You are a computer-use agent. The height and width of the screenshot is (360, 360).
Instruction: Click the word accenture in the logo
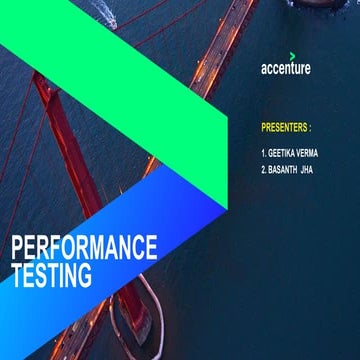coord(285,69)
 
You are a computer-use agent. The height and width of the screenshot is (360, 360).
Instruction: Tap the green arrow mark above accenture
coord(292,55)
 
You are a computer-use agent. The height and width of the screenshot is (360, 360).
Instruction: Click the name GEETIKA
coord(284,154)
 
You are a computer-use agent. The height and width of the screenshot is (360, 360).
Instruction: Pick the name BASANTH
coord(287,170)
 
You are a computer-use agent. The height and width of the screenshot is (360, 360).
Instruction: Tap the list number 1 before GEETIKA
coord(262,154)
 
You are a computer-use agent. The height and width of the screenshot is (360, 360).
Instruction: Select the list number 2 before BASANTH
coord(262,170)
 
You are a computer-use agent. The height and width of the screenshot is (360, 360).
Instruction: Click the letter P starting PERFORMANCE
coord(16,246)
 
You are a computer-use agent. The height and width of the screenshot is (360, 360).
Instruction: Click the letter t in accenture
coord(291,69)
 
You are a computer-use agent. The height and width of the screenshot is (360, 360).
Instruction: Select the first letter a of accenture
coord(264,70)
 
